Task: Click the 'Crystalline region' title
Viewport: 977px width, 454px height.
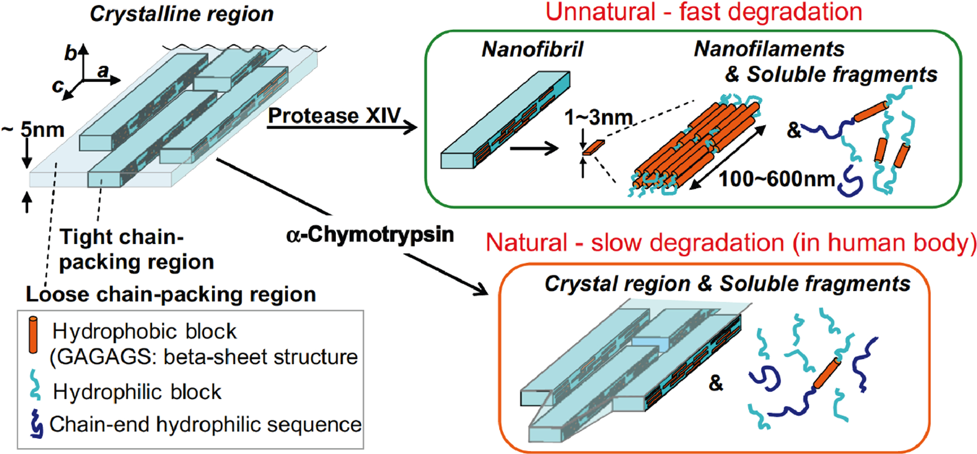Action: pyautogui.click(x=181, y=14)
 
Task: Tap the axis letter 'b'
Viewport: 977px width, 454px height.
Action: pyautogui.click(x=71, y=54)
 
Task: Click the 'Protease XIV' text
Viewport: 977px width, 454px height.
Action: pyautogui.click(x=334, y=115)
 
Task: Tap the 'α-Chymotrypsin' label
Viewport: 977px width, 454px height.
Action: pyautogui.click(x=370, y=235)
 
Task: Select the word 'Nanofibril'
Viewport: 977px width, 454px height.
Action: pyautogui.click(x=532, y=49)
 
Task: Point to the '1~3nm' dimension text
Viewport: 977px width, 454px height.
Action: pyautogui.click(x=598, y=118)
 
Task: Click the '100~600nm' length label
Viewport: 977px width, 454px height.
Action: pyautogui.click(x=777, y=179)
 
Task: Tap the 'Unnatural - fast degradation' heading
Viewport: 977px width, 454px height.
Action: pyautogui.click(x=703, y=12)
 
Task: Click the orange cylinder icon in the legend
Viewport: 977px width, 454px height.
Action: pyautogui.click(x=33, y=335)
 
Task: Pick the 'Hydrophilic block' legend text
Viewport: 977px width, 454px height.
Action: pyautogui.click(x=137, y=392)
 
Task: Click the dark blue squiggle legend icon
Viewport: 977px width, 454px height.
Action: pyautogui.click(x=36, y=424)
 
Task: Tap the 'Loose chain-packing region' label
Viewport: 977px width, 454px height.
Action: pyautogui.click(x=170, y=295)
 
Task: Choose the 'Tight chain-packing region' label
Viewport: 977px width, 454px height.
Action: pyautogui.click(x=136, y=250)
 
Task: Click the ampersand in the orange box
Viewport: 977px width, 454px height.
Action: pyautogui.click(x=716, y=383)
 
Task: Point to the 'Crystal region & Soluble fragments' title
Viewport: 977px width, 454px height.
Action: pyautogui.click(x=727, y=284)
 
